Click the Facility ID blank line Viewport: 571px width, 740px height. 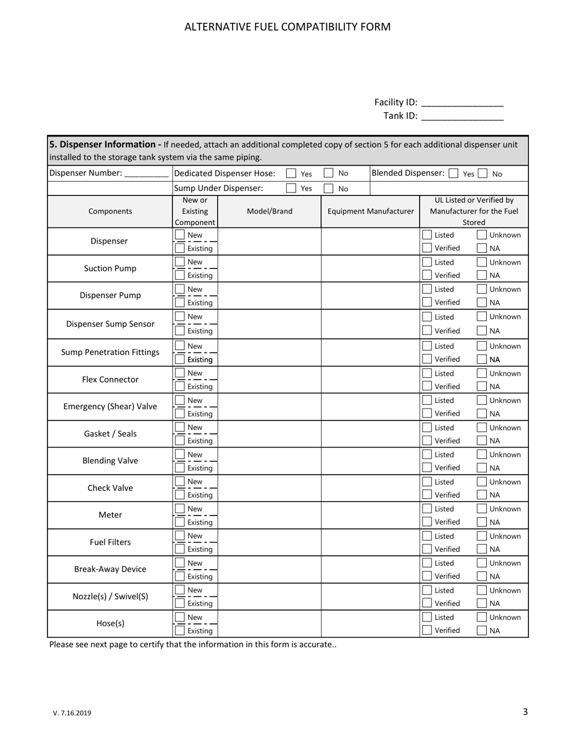click(462, 103)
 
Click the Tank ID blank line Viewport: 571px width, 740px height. click(462, 116)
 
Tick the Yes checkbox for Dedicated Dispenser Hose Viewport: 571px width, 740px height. click(291, 173)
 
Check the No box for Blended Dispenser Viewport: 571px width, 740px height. click(483, 174)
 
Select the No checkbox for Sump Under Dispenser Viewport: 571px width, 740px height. click(329, 188)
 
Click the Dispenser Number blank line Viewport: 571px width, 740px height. click(146, 174)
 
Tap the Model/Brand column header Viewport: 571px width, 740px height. click(269, 211)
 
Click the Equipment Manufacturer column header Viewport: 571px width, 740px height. click(370, 211)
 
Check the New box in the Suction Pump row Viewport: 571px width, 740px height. click(180, 262)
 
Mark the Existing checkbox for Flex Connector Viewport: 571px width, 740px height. click(180, 386)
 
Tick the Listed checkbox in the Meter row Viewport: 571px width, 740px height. click(427, 509)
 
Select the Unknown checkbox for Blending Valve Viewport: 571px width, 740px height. click(482, 455)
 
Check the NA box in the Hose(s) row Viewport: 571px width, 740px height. click(482, 631)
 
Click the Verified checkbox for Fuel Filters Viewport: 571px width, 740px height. click(427, 549)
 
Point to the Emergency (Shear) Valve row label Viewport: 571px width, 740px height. click(110, 407)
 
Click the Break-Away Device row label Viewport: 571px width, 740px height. click(110, 569)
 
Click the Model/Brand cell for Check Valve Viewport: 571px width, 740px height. click(269, 488)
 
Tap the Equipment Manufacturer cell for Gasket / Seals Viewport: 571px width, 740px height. click(370, 434)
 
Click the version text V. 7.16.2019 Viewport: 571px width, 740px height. click(72, 713)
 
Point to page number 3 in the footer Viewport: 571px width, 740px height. click(525, 712)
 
